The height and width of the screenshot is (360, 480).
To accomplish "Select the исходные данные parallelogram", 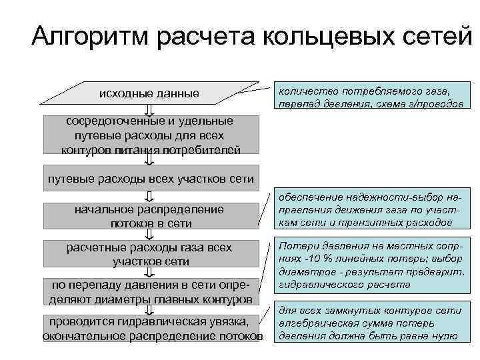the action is point(149,93).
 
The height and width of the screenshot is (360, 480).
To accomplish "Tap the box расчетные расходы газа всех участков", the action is point(149,254).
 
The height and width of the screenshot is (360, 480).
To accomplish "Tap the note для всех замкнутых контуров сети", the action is point(368,323).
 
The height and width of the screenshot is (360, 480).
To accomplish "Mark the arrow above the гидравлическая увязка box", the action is point(149,309).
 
